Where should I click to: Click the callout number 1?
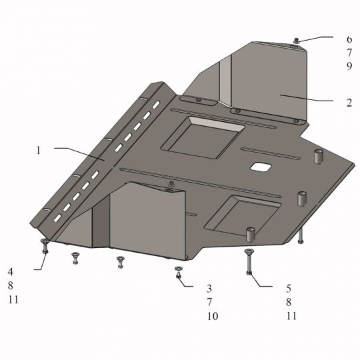[x=39, y=151]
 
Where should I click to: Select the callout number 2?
[x=349, y=103]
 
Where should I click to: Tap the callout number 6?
[x=349, y=39]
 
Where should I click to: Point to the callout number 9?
[x=349, y=66]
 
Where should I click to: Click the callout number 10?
[x=213, y=316]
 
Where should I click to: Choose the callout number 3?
[x=209, y=289]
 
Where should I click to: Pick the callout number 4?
[x=11, y=272]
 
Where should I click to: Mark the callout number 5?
[x=289, y=289]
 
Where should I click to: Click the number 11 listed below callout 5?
[x=291, y=316]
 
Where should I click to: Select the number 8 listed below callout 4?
[x=11, y=286]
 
